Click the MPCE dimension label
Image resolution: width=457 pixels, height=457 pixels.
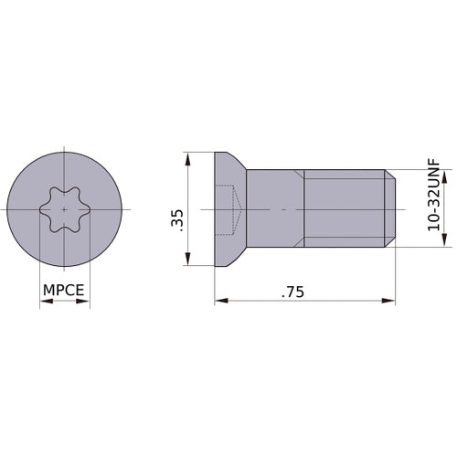(64, 290)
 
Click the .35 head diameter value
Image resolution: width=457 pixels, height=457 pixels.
(177, 220)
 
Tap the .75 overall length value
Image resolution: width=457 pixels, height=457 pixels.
(292, 292)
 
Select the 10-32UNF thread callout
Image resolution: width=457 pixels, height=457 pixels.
(434, 195)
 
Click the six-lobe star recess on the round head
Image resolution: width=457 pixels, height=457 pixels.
(64, 209)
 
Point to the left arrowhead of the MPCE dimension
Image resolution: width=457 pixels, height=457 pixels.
(47, 301)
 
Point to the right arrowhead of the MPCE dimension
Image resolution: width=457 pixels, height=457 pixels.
(83, 301)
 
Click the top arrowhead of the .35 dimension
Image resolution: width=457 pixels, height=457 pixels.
(188, 159)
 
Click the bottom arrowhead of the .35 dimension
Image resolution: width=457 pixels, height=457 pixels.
(188, 259)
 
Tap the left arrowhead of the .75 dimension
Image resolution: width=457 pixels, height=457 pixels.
(221, 301)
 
